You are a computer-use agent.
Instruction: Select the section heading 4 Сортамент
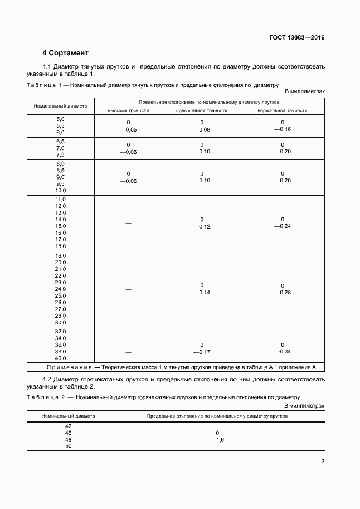coord(65,53)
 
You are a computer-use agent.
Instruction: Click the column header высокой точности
coord(128,110)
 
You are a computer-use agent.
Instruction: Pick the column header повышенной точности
coord(202,110)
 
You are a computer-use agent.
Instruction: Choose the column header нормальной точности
coord(283,110)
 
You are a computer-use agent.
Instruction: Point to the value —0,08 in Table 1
coord(202,129)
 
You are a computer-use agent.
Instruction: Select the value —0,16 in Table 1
coord(283,129)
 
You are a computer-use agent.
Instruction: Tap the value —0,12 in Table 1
coord(202,226)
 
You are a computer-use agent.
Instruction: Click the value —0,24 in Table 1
coord(283,226)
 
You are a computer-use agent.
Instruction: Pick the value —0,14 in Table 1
coord(202,292)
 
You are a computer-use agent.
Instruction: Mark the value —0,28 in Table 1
coord(283,292)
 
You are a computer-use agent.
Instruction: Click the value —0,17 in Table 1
coord(202,352)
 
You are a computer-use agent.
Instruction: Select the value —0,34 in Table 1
coord(283,352)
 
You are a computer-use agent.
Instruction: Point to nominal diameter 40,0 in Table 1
coord(61,358)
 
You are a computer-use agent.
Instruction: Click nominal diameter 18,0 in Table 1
coord(61,246)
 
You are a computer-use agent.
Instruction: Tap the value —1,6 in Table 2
coord(217,439)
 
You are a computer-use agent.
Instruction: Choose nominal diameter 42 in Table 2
coord(69,426)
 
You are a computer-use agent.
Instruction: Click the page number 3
coord(323,461)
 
